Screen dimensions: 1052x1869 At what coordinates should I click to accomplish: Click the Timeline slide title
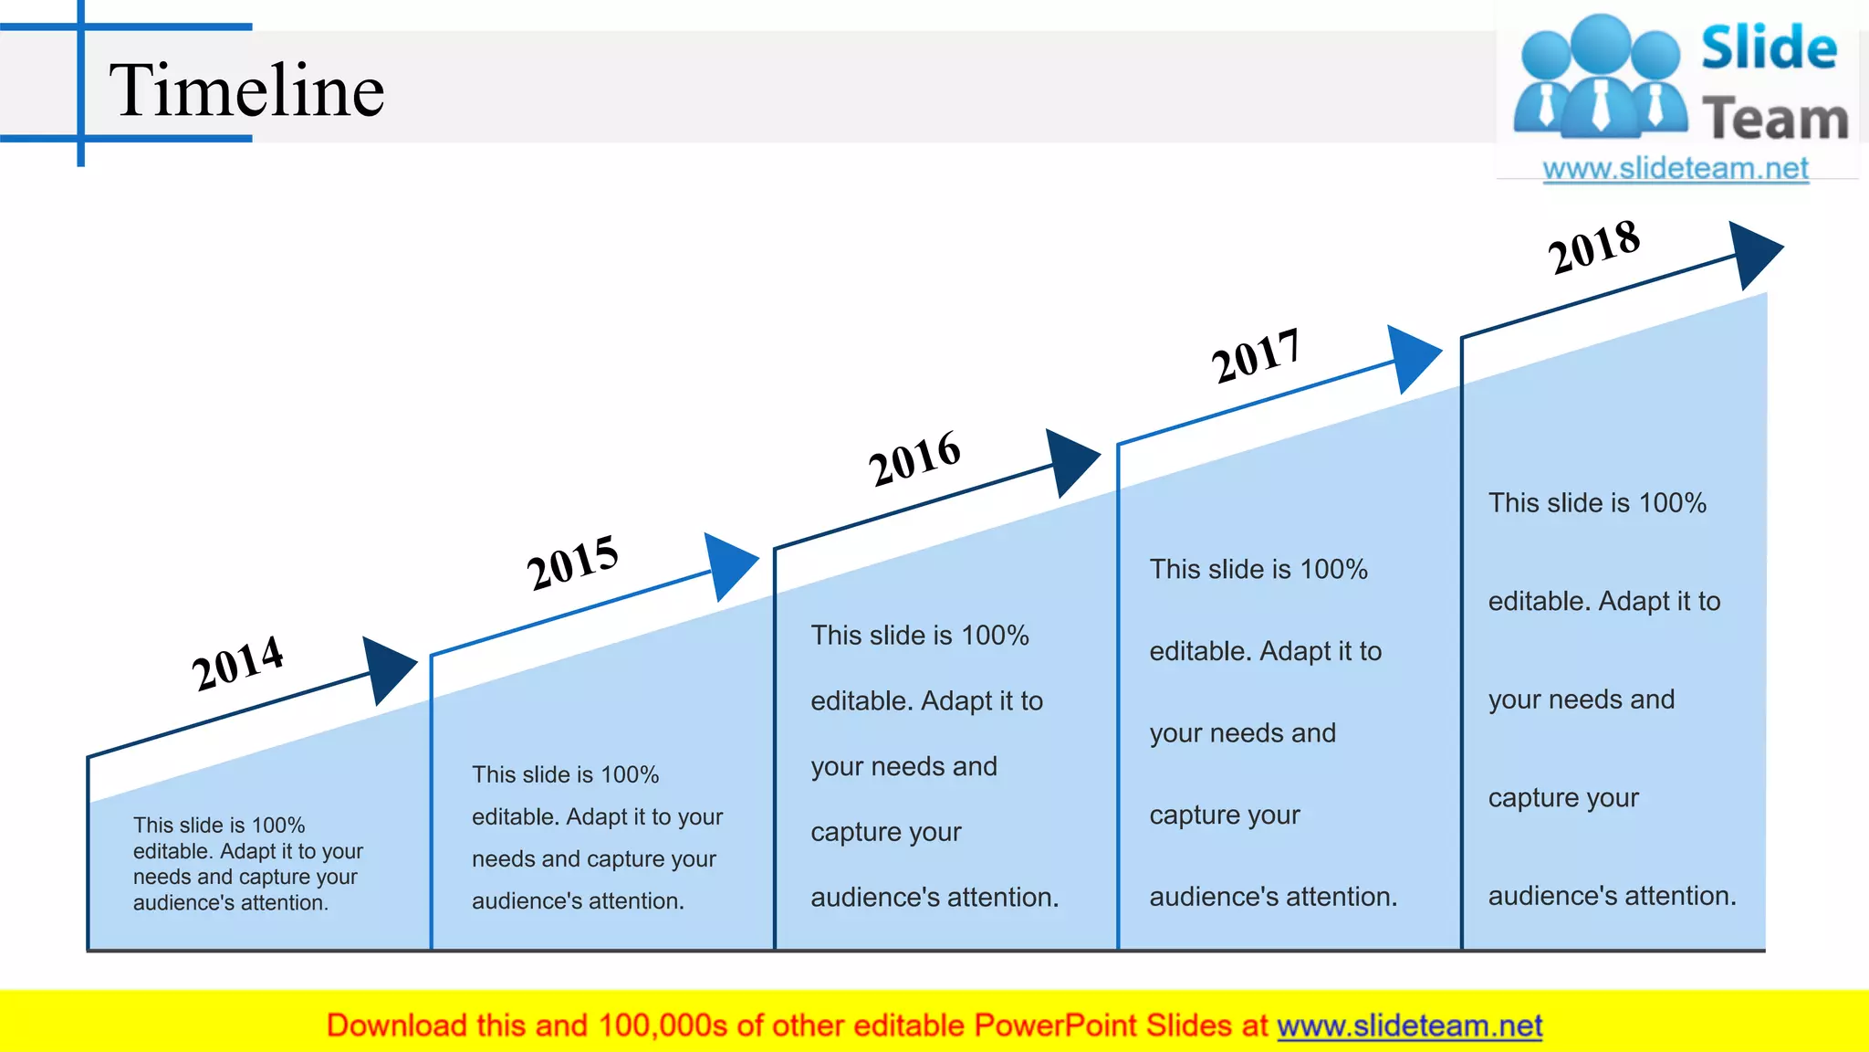click(246, 90)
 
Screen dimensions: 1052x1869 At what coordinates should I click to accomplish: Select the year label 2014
click(237, 662)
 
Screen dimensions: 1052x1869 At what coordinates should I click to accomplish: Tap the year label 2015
click(572, 562)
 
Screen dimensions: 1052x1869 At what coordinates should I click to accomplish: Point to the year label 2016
click(914, 458)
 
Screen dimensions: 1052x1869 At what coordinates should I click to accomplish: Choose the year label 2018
click(1594, 247)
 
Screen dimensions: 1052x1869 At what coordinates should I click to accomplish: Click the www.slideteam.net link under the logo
click(1676, 169)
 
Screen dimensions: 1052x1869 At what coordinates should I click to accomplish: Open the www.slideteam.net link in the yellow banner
click(1409, 1026)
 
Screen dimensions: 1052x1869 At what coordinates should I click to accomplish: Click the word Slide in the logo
click(1769, 48)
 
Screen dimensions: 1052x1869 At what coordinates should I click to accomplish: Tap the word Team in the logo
click(1775, 119)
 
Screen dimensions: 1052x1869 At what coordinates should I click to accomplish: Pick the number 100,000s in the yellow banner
click(663, 1026)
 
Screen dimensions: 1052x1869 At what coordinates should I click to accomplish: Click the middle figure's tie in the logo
click(1601, 104)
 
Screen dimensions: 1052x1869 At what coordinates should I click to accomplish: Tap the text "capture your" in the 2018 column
click(1563, 798)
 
